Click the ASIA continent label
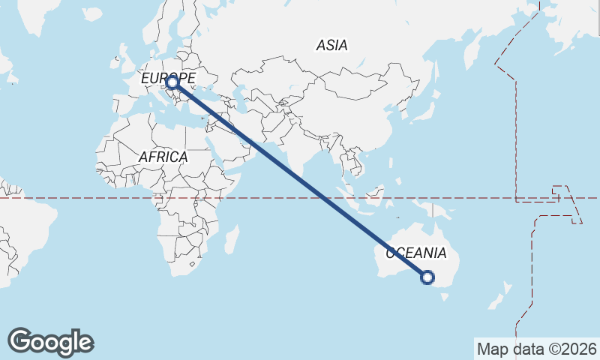331,46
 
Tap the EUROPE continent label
168,77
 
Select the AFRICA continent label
163,157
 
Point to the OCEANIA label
416,253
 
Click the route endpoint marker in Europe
172,82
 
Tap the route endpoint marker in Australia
427,277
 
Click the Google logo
50,342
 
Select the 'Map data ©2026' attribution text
537,349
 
